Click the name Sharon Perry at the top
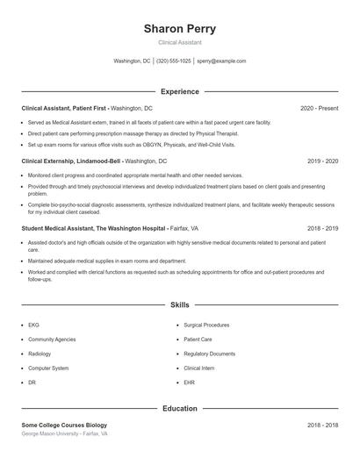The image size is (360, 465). pos(179,28)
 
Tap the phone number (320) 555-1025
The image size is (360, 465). pos(174,61)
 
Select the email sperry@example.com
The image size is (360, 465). pos(221,61)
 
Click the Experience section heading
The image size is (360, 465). pos(179,91)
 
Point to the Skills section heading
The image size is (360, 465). pos(179,305)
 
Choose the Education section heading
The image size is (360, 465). pos(179,408)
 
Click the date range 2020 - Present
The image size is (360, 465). pos(319,108)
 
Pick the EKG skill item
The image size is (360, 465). pos(33,325)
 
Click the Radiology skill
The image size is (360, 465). pos(40,354)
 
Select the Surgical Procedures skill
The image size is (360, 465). pos(205,325)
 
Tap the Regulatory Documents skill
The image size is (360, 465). pos(210,354)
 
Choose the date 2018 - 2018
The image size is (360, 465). pos(323,425)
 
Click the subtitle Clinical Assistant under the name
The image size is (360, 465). pos(179,42)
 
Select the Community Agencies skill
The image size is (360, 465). pos(52,339)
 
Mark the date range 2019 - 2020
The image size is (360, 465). pos(323,161)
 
